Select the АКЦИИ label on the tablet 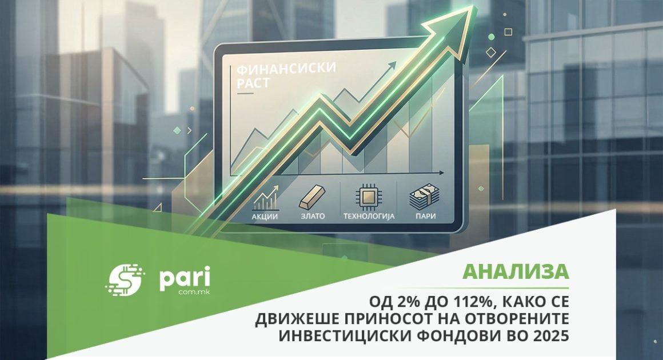tap(265, 217)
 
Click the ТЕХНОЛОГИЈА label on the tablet tap(369, 217)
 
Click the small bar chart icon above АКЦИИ tap(265, 198)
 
